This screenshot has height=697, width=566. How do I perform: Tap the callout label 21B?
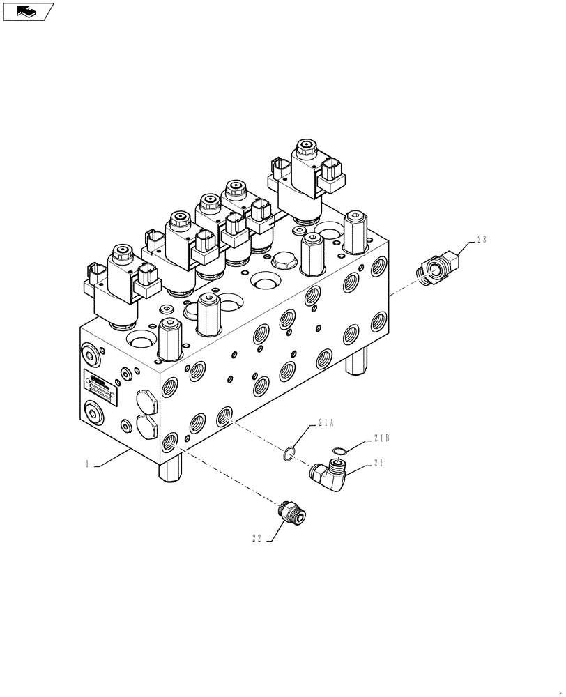[381, 438]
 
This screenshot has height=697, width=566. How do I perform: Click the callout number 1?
[88, 464]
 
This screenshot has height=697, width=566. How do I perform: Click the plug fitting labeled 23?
[437, 268]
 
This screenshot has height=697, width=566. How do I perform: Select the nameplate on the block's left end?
[99, 384]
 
